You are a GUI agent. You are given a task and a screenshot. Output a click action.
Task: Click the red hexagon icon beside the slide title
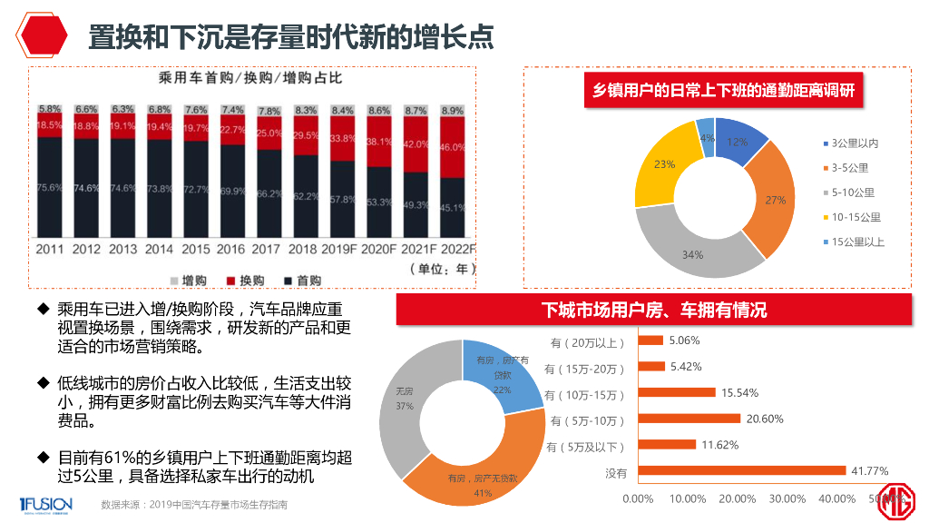tap(44, 36)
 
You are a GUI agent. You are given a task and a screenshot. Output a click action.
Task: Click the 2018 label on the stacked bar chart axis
tap(306, 249)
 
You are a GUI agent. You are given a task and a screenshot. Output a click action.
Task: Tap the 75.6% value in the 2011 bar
tap(49, 188)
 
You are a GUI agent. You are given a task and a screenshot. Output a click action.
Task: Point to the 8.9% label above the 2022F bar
tap(453, 111)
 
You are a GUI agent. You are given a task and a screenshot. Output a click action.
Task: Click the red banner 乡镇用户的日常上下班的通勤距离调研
tap(723, 91)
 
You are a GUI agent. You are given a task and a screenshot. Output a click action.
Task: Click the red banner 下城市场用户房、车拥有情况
tap(653, 310)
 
